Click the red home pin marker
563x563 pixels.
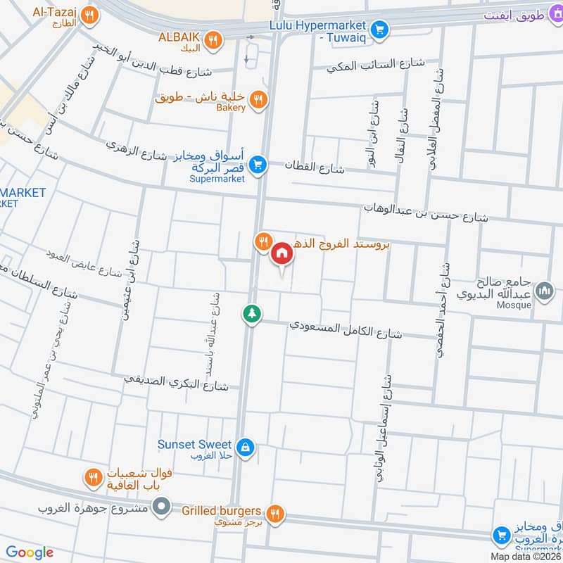click(282, 253)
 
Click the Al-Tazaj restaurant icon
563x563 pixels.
click(89, 15)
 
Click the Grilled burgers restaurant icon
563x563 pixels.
click(277, 512)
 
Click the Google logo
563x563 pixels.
click(30, 552)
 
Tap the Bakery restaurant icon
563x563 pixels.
click(259, 100)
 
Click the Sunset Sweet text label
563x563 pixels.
click(194, 445)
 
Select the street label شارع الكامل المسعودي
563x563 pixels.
click(346, 329)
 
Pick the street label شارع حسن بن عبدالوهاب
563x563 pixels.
click(425, 213)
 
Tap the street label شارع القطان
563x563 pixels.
click(315, 166)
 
